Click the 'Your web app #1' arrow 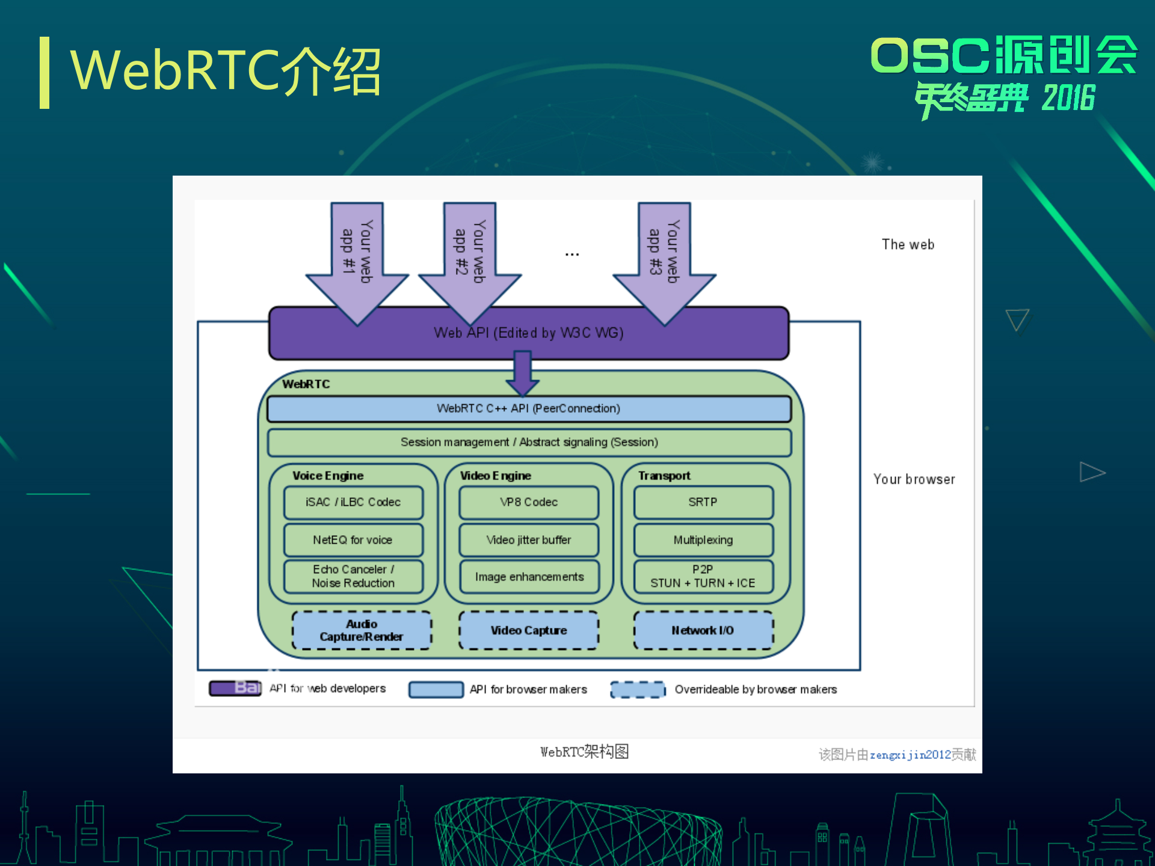[x=357, y=259]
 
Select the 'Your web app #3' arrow [x=664, y=259]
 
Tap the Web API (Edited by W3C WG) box [x=529, y=333]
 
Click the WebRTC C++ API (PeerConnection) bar [x=529, y=408]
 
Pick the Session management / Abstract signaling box [x=529, y=442]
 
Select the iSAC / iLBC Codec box [x=353, y=502]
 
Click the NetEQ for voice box [x=353, y=540]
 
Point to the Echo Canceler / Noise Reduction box [x=353, y=576]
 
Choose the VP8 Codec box [x=529, y=502]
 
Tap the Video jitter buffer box [x=529, y=540]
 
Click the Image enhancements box [x=529, y=577]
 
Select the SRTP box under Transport [x=703, y=502]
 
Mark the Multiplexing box [x=703, y=540]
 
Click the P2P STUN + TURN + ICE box [x=703, y=576]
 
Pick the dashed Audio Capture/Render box [x=362, y=630]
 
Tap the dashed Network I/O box [x=703, y=630]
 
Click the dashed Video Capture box [x=529, y=630]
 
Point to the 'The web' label [x=908, y=245]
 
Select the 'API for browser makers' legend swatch [x=436, y=689]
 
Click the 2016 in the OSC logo [x=1068, y=98]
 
